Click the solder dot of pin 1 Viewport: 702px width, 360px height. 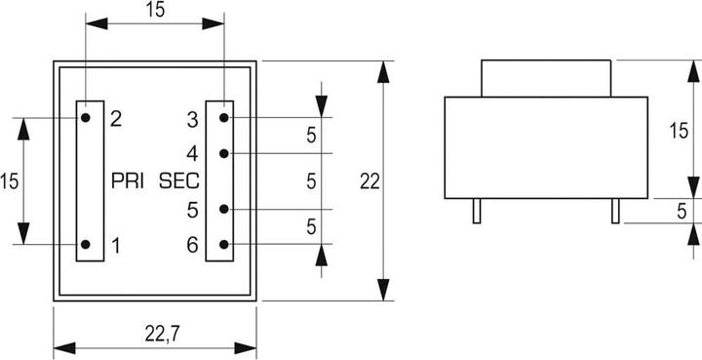tap(87, 245)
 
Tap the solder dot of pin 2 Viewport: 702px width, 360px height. tap(87, 118)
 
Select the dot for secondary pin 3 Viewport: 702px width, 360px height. tap(224, 118)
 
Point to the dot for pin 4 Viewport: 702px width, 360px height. tap(224, 153)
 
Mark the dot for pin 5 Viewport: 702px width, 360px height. tap(224, 209)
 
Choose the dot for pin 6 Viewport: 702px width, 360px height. tap(224, 244)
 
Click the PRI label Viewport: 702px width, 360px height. tap(130, 180)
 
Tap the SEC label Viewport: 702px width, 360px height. tap(178, 180)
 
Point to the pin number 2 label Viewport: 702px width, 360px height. tap(115, 119)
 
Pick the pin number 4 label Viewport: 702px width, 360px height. tap(192, 153)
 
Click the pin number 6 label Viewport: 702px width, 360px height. tap(192, 245)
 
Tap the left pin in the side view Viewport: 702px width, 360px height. tap(475, 211)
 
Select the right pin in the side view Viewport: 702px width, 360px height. tap(614, 211)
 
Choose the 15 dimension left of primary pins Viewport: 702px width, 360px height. tap(10, 180)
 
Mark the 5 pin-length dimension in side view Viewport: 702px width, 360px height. tap(682, 208)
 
